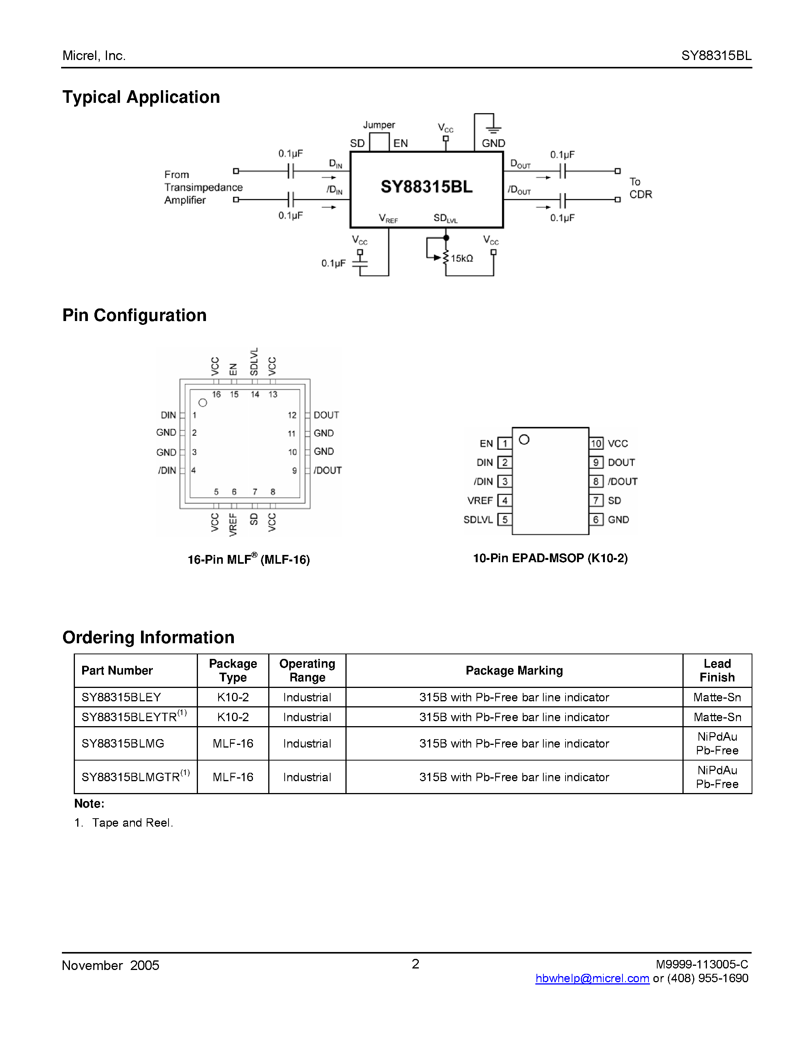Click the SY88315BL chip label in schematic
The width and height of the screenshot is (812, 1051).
click(x=426, y=187)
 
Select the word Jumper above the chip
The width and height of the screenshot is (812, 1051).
click(x=379, y=125)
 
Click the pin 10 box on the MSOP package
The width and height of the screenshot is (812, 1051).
click(x=596, y=443)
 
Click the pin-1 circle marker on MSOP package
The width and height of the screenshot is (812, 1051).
click(x=524, y=440)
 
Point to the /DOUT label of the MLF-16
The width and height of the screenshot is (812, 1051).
click(x=327, y=470)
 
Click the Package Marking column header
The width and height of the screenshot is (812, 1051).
click(x=514, y=670)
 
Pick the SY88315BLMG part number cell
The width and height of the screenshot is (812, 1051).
click(x=123, y=743)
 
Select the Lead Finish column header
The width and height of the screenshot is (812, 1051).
click(x=717, y=670)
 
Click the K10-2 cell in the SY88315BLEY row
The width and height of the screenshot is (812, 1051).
click(x=233, y=697)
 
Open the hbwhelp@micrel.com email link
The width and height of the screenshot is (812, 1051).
click(x=592, y=978)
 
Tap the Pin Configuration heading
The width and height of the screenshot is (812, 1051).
click(x=135, y=316)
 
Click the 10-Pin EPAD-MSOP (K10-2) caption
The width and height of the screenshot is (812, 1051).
click(x=550, y=558)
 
